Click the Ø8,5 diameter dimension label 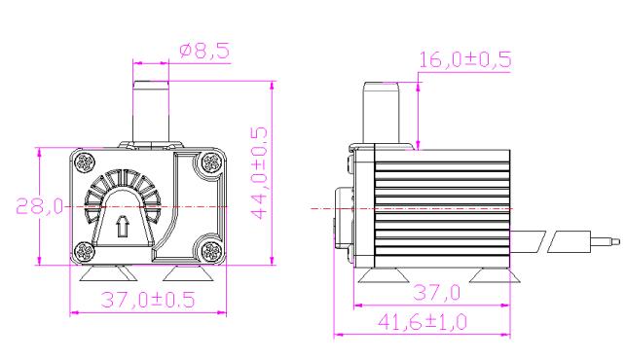tap(204, 51)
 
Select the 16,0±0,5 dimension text tap(465, 59)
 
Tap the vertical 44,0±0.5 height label tap(259, 173)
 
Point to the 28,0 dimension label tap(40, 206)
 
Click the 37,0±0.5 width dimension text tap(148, 300)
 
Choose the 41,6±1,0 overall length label tap(423, 322)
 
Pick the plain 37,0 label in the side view tap(437, 293)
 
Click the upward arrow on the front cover tap(123, 227)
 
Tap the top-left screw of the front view tap(85, 162)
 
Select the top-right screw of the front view tap(211, 162)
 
